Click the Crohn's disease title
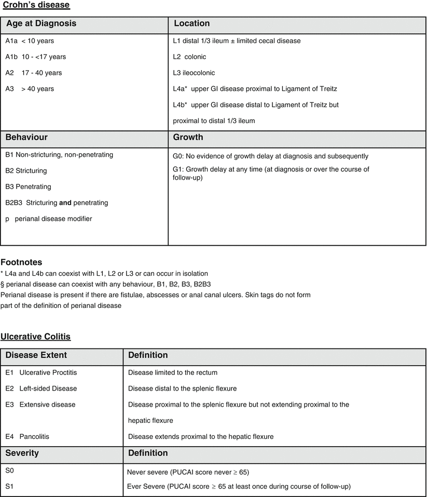36,5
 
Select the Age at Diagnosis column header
41,23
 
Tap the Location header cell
191,23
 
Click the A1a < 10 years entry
30,41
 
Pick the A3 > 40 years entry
30,89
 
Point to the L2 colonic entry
190,57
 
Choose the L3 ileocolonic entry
194,73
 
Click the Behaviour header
26,138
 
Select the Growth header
188,138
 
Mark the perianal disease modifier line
49,219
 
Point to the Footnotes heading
21,262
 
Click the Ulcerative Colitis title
36,337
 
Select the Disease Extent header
36,355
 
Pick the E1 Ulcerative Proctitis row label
41,372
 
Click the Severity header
22,453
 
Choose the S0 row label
10,471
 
